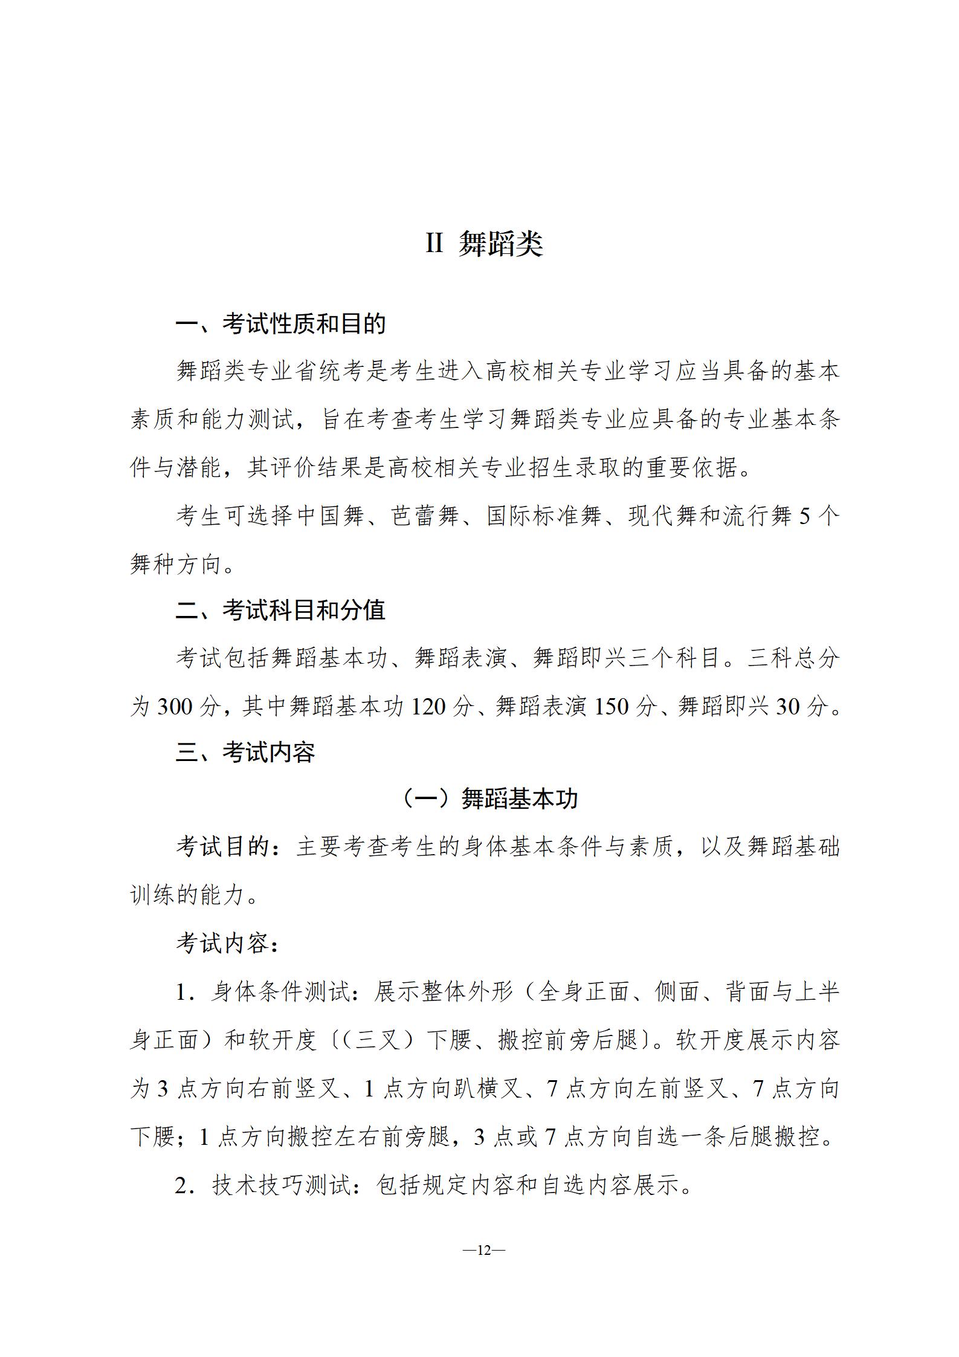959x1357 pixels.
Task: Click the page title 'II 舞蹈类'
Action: click(484, 244)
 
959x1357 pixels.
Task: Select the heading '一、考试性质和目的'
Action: click(280, 325)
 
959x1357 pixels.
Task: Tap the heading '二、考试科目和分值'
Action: click(280, 610)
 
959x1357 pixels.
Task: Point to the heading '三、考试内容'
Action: click(245, 753)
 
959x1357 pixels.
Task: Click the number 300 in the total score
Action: click(175, 706)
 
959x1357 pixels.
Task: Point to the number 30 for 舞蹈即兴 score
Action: click(788, 706)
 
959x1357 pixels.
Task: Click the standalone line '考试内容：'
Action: click(228, 944)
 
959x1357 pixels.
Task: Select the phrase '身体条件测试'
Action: click(280, 992)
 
